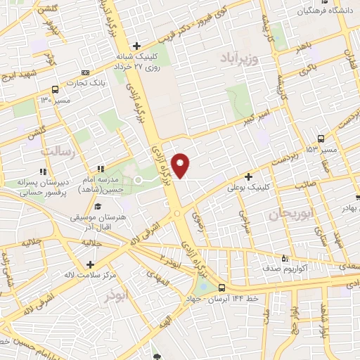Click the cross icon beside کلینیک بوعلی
(248, 176)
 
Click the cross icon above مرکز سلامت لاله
(91, 264)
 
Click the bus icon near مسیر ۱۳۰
(56, 89)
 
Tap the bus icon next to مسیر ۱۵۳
(321, 139)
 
